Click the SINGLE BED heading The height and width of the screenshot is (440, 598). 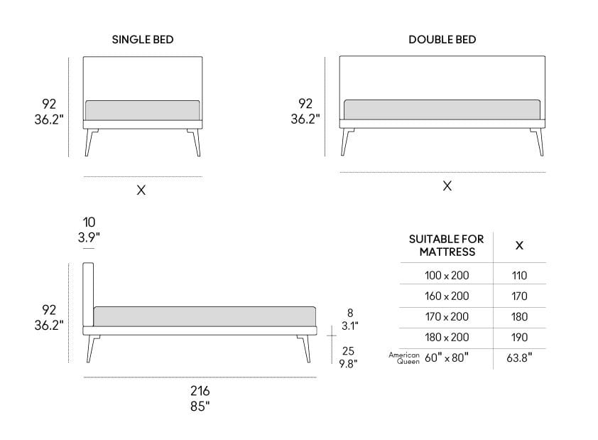tap(143, 40)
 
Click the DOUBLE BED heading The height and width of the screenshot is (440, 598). tap(442, 40)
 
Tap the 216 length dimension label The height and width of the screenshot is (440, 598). tap(200, 391)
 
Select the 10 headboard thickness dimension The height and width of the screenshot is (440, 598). tap(89, 222)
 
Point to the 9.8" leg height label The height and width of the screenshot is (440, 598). tap(348, 364)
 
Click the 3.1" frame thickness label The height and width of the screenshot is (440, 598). tap(349, 326)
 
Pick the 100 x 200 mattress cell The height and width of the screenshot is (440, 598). tap(447, 276)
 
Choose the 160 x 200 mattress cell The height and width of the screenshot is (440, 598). tap(447, 296)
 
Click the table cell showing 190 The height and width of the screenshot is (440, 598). tap(519, 338)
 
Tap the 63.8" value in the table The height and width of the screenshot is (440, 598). tap(519, 358)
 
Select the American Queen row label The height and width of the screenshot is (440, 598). tap(404, 358)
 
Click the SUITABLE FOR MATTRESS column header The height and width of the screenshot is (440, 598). tap(447, 245)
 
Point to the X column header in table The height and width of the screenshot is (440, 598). tap(519, 245)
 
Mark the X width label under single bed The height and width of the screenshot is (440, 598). tap(141, 190)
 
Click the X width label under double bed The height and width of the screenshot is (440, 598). tap(447, 186)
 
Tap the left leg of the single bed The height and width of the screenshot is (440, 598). tap(89, 142)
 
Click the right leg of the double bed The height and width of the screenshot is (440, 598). tap(538, 141)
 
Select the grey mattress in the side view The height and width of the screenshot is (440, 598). tap(205, 316)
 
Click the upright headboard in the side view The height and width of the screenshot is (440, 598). tap(88, 294)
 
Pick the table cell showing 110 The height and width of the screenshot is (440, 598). tap(519, 276)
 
